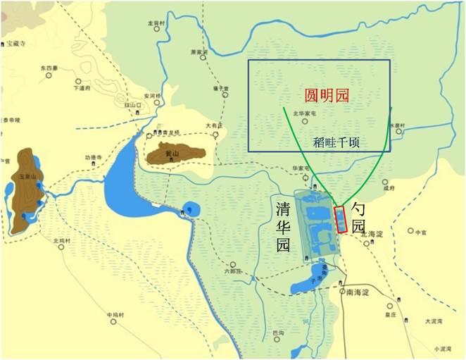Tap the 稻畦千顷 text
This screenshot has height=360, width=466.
(336, 142)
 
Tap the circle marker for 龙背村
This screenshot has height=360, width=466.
(156, 30)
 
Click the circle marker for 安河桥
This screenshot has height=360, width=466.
(153, 102)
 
